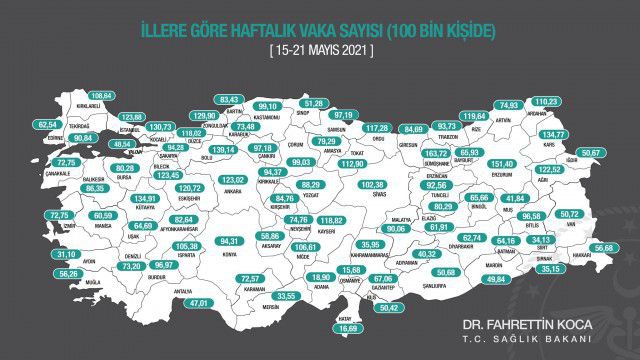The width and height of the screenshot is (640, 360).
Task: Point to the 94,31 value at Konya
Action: click(231, 241)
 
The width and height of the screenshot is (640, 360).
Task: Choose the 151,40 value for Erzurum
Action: click(501, 164)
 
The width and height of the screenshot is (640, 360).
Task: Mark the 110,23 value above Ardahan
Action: click(546, 102)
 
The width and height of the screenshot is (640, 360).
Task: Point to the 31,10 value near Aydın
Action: click(42, 254)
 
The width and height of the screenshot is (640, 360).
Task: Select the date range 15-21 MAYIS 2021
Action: click(320, 49)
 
